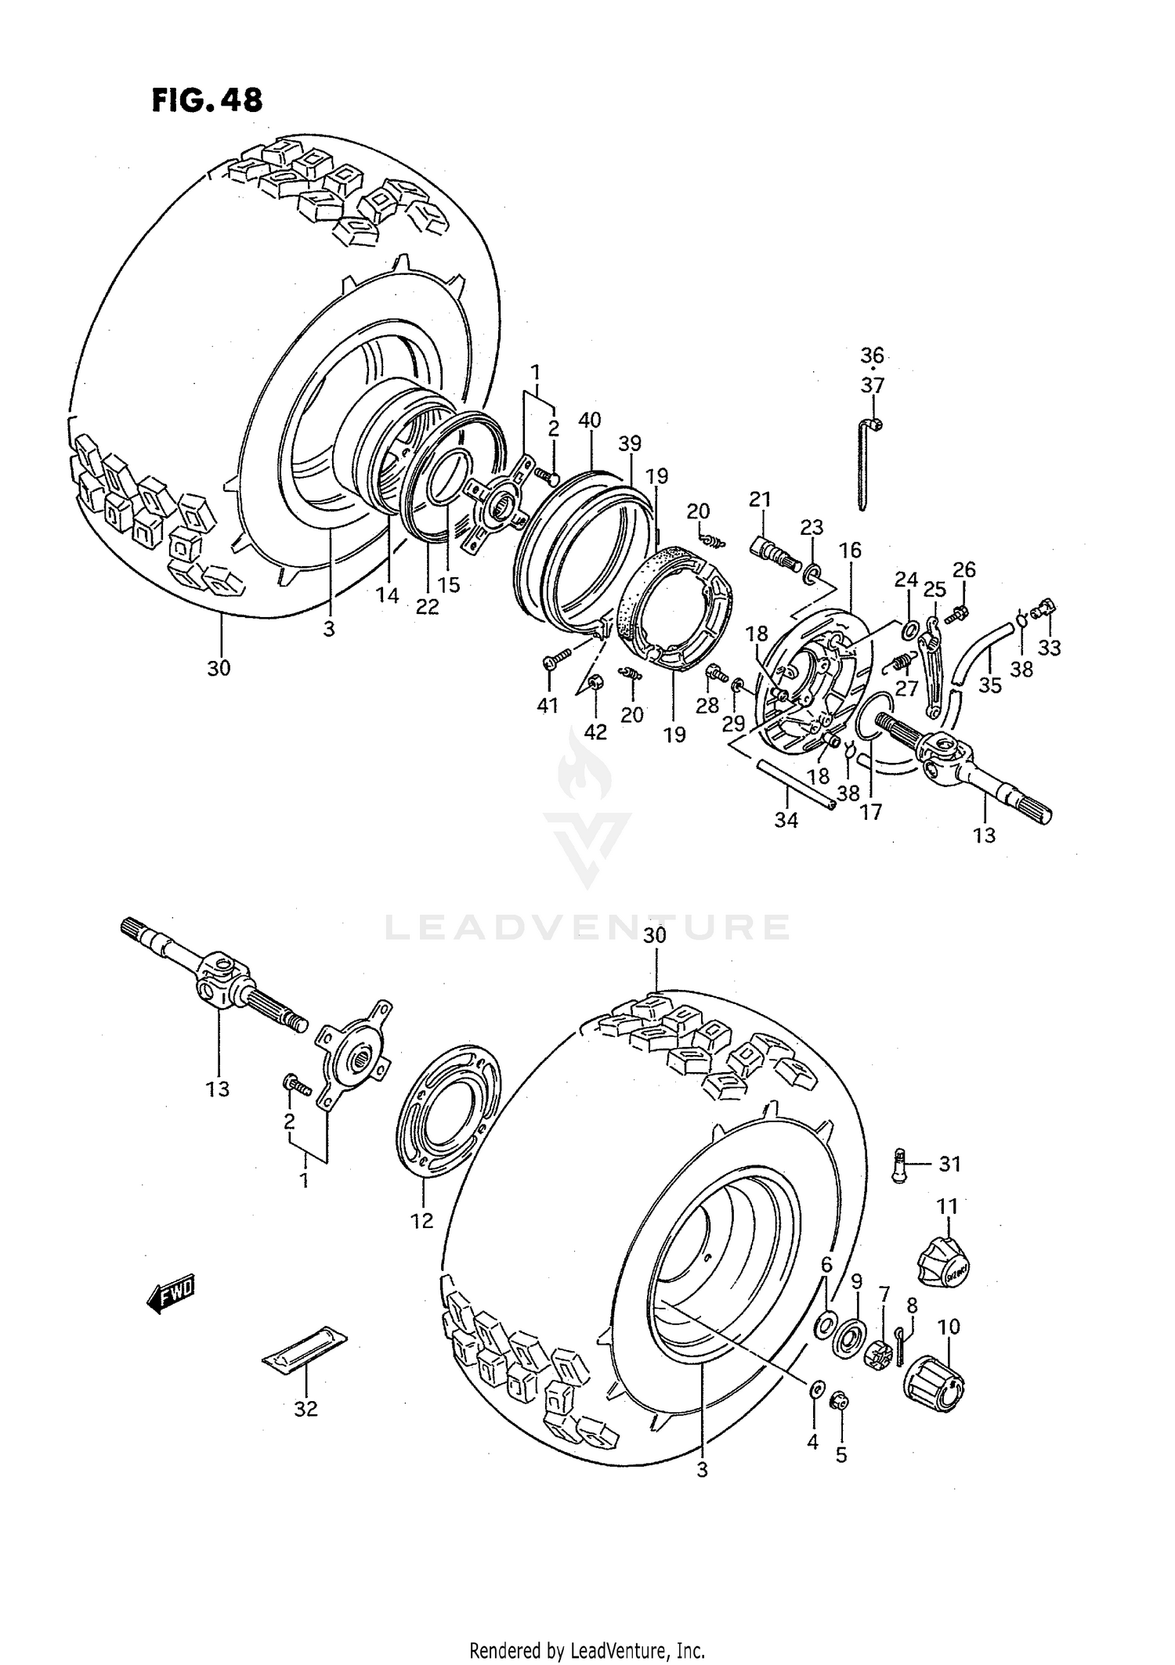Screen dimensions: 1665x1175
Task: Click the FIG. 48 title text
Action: tap(207, 100)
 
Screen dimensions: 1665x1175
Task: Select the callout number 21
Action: tap(760, 499)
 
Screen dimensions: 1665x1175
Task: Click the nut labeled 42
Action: tap(594, 681)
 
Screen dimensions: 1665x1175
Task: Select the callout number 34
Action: tap(786, 820)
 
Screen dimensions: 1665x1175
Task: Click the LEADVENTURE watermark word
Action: tap(587, 928)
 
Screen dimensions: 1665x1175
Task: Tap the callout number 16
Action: tap(850, 551)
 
